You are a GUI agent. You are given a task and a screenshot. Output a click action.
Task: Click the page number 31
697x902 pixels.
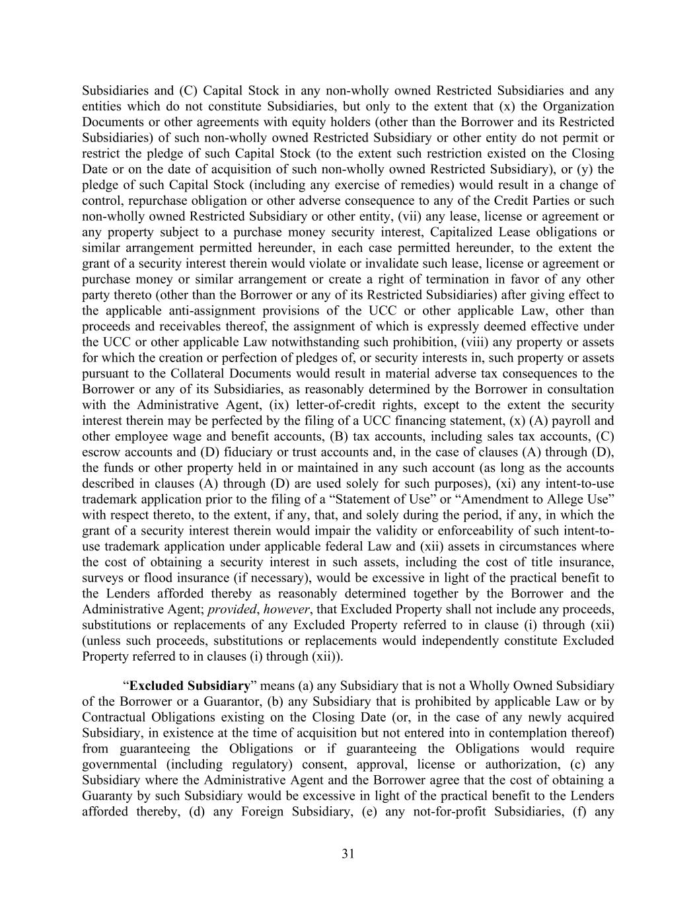click(x=348, y=854)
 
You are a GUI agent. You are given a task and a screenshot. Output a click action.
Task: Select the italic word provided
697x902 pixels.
click(x=238, y=609)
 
